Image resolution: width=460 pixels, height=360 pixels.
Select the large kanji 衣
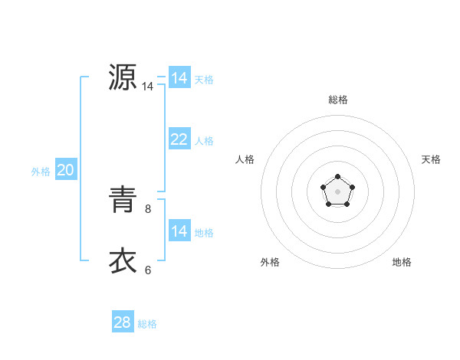point(122,261)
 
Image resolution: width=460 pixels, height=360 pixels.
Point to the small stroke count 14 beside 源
point(148,87)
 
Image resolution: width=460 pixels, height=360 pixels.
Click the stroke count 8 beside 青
point(148,208)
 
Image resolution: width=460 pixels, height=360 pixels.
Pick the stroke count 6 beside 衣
point(148,270)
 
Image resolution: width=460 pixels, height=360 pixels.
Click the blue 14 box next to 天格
point(179,78)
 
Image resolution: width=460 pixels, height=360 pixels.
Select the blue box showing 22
point(179,139)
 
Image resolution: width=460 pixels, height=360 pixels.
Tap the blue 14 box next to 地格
point(179,231)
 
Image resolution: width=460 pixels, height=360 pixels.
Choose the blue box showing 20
point(65,170)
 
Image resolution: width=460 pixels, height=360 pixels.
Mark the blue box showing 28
point(122,322)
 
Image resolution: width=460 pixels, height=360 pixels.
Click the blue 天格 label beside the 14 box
point(204,80)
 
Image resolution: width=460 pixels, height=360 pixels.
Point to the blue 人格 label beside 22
point(204,141)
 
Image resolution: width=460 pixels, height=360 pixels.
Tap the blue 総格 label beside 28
point(147,324)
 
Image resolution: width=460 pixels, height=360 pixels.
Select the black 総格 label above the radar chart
point(338,100)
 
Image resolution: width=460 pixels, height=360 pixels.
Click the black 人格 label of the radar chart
point(245,159)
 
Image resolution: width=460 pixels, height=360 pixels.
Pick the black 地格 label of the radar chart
point(402,262)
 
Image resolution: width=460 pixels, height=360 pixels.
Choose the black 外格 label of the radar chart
point(270,262)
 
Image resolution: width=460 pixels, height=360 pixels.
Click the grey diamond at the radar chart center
point(337,191)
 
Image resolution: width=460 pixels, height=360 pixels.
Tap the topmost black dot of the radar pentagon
point(337,177)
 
